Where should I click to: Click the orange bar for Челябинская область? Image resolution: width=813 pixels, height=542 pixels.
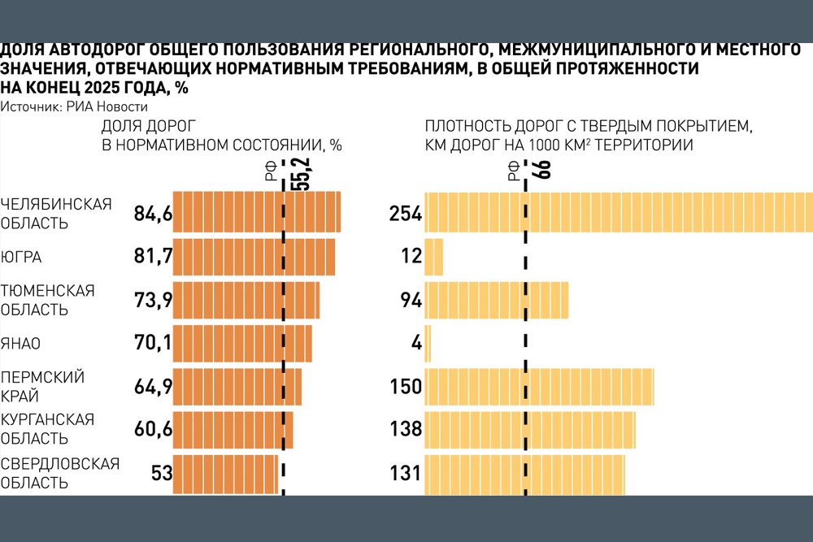(257, 212)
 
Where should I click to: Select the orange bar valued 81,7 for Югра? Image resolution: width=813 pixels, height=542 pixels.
(254, 257)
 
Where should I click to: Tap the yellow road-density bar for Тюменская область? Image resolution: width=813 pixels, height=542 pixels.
(496, 300)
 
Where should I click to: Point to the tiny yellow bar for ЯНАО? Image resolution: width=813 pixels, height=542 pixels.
(428, 343)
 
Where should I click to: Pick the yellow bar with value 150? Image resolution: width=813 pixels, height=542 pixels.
(539, 387)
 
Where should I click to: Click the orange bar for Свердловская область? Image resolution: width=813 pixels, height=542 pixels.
(225, 474)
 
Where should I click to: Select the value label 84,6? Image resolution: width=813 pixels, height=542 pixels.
(153, 213)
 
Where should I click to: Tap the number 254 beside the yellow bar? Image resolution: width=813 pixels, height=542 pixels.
(406, 214)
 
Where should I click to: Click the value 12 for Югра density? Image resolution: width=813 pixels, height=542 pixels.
(411, 256)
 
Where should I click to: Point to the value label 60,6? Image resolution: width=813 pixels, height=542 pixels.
(153, 429)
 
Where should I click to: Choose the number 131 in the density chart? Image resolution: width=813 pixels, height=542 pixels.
(405, 473)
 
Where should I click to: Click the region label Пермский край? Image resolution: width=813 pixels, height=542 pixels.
(42, 387)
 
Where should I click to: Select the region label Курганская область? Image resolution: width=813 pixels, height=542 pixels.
(47, 429)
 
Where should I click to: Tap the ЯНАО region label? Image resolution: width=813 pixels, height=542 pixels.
(20, 344)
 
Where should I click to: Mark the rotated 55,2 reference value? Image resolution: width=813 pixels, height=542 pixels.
(302, 174)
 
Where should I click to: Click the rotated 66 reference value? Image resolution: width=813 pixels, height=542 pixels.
(544, 170)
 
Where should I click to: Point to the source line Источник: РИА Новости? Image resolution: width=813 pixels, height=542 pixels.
(74, 106)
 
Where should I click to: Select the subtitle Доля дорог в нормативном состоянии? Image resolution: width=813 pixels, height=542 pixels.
(221, 135)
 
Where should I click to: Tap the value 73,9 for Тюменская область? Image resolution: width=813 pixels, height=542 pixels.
(153, 300)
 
